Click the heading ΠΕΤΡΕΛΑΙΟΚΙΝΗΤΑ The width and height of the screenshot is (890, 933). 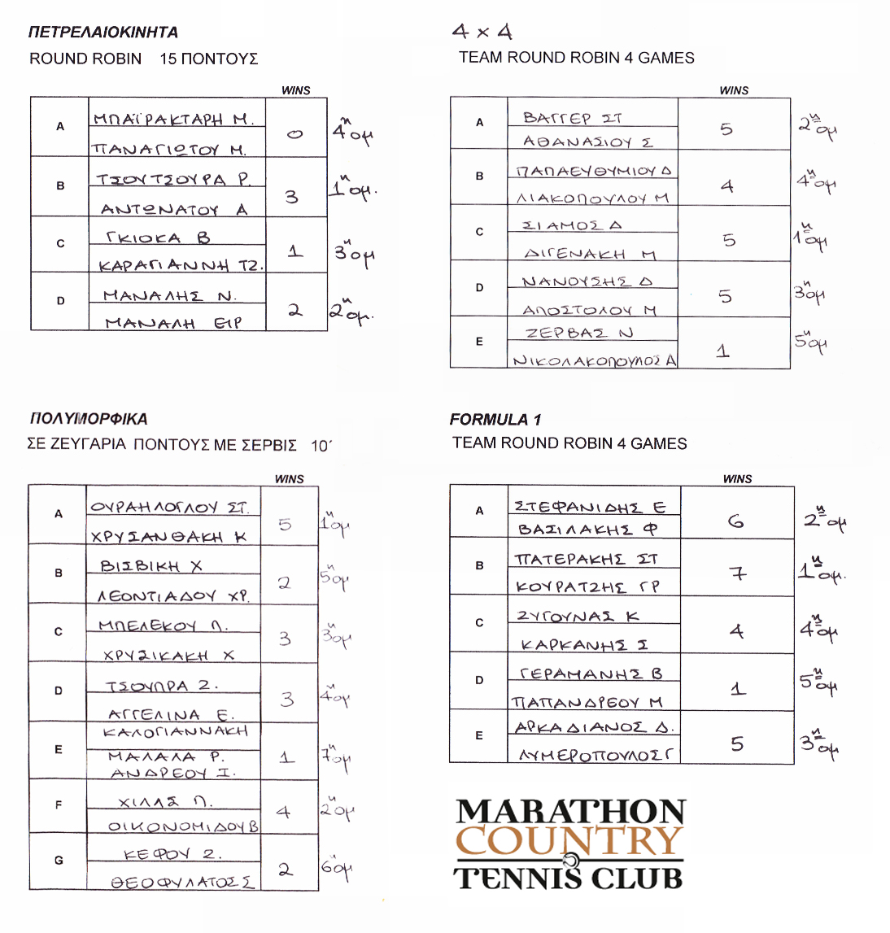tap(103, 33)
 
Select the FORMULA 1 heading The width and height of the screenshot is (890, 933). tap(495, 420)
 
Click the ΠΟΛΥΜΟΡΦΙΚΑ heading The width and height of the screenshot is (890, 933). tap(88, 419)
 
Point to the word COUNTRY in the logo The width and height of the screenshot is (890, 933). tap(569, 841)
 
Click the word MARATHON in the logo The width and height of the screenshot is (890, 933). tap(570, 811)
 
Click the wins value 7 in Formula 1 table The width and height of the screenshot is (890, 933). tap(737, 574)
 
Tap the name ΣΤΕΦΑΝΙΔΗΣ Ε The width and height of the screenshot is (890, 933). tap(590, 507)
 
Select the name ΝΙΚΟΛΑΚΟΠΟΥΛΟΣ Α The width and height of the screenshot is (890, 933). tap(594, 360)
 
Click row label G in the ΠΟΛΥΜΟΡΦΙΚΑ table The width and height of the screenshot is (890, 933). tap(59, 860)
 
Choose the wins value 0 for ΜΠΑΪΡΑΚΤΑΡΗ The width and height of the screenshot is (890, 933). tap(294, 133)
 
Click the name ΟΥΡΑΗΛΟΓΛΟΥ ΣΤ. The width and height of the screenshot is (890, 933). tap(169, 508)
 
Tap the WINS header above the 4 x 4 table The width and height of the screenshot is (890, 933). tap(734, 90)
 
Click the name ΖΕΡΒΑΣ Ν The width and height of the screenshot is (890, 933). tap(578, 334)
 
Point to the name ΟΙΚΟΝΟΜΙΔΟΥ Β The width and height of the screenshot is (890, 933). tap(183, 826)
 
